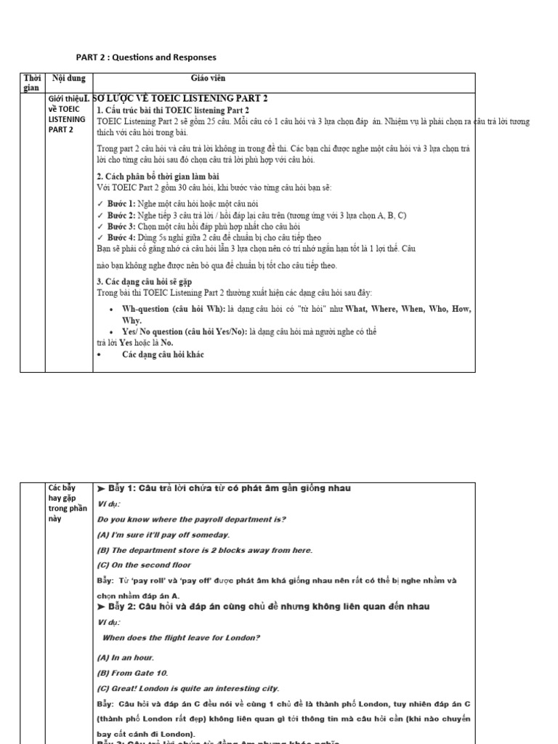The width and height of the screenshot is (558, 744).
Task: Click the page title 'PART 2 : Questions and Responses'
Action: (146, 57)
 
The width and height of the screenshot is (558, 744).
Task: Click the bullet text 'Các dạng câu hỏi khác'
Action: (163, 354)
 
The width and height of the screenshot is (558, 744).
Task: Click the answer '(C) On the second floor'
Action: (145, 565)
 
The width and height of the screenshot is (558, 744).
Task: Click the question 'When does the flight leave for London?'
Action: (182, 638)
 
